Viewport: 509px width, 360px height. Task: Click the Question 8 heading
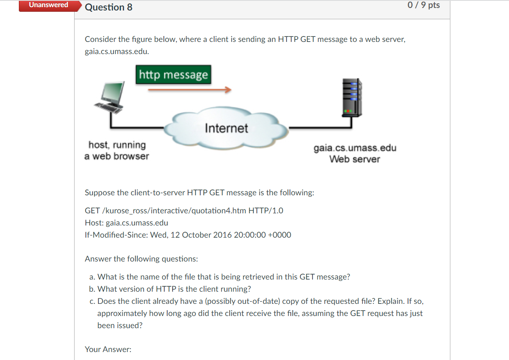coord(109,7)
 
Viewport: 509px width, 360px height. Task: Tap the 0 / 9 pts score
coord(424,5)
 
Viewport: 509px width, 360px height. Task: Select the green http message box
coord(173,75)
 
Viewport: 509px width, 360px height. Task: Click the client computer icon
coord(110,98)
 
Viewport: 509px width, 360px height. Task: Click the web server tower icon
coord(352,98)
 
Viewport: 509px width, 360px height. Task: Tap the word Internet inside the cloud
coord(226,128)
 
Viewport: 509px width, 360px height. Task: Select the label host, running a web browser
coord(117,150)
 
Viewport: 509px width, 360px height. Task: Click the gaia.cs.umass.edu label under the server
coord(355,148)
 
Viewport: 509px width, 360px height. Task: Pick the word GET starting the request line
coord(92,210)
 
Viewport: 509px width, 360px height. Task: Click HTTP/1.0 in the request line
coord(266,210)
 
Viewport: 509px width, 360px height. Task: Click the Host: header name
coord(94,223)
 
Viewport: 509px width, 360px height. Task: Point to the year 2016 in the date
coord(222,235)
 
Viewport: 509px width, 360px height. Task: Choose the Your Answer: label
coord(108,349)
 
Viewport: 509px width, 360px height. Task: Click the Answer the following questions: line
coord(141,259)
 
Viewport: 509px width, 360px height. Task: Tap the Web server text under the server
coord(354,159)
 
